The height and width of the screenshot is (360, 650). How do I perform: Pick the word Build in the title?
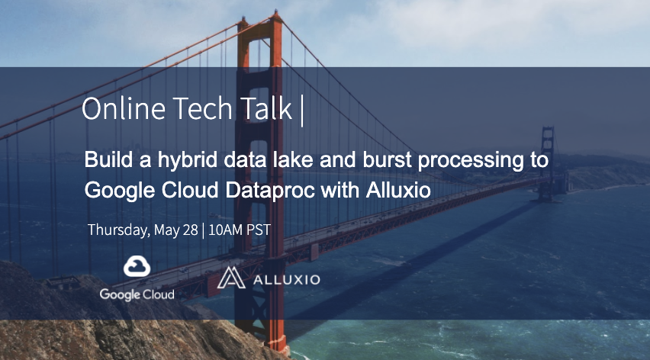[106, 161]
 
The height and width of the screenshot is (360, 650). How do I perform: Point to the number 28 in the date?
[190, 230]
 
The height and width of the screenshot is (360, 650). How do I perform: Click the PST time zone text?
[257, 230]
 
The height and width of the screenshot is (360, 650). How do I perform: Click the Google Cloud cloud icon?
[137, 267]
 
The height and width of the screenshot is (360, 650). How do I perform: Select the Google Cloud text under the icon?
[137, 294]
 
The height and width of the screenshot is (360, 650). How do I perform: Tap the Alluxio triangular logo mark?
[230, 278]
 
